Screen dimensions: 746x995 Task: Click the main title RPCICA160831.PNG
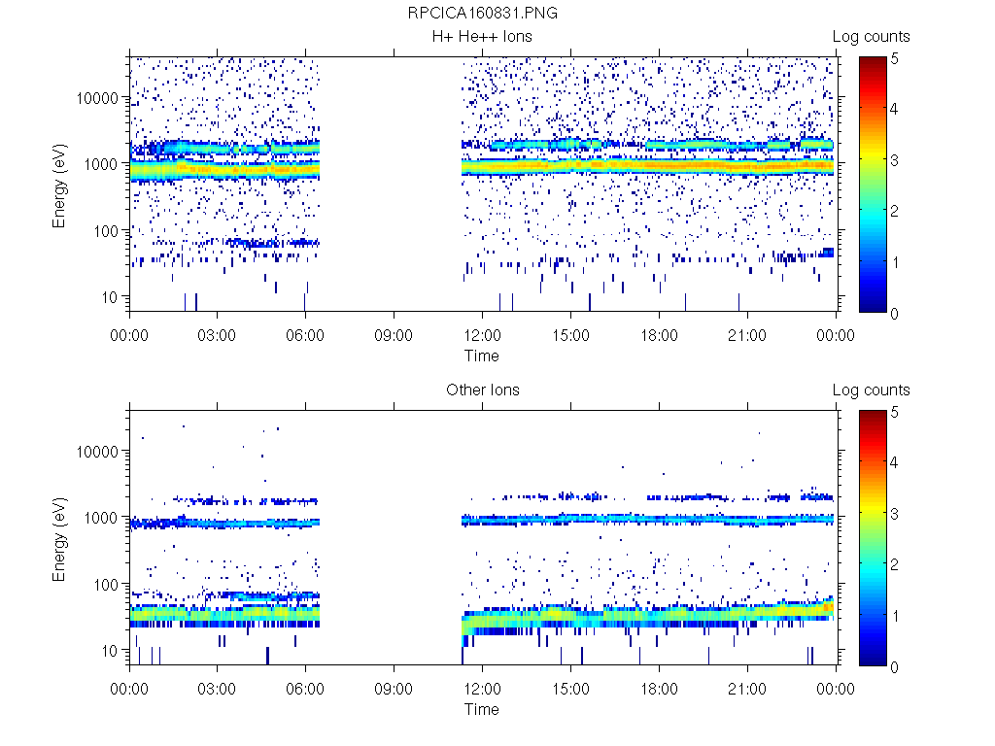click(483, 14)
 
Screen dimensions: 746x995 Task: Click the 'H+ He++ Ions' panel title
click(483, 37)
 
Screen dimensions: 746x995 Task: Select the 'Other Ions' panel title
click(483, 390)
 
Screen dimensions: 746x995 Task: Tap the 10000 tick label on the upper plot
click(97, 98)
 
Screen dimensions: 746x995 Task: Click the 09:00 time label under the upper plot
click(394, 336)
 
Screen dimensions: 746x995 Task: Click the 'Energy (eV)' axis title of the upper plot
click(60, 185)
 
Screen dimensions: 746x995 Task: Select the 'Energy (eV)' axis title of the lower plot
click(60, 538)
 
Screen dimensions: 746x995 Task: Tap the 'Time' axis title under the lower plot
click(482, 709)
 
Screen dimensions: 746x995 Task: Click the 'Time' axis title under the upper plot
click(482, 356)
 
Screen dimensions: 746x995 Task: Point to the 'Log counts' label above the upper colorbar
click(871, 37)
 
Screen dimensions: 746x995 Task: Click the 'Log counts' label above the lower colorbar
click(871, 390)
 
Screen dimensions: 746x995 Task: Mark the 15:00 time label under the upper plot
click(570, 336)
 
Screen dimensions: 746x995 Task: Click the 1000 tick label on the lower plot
click(101, 518)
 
